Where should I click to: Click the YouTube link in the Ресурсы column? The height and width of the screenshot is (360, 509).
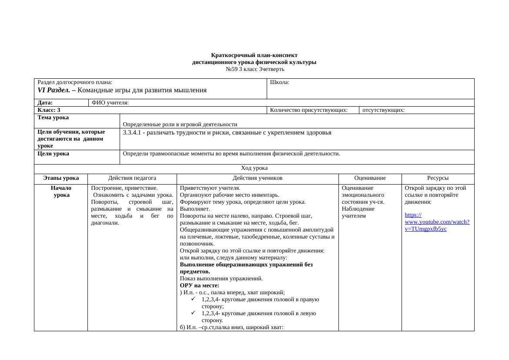coord(436,222)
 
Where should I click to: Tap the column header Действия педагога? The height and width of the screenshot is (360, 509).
coord(132,178)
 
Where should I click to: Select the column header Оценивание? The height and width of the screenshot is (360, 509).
coord(370,178)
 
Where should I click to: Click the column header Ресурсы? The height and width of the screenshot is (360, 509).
coord(438,178)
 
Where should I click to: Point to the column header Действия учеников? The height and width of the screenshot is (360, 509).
coord(258,178)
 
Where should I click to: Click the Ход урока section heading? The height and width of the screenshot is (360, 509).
coord(254,168)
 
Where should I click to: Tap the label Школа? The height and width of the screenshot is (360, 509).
coord(280,82)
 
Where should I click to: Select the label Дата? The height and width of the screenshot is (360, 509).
coord(45,103)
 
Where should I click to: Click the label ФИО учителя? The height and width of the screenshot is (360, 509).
coord(110,103)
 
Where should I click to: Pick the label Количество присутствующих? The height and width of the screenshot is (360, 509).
coord(308,110)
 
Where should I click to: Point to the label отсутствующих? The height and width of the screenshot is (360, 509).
coord(383,110)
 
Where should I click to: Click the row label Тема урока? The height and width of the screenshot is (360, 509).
coord(53,118)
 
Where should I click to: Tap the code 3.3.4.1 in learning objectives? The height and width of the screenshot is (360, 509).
coord(134,133)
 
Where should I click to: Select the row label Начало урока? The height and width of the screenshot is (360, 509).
coord(61,192)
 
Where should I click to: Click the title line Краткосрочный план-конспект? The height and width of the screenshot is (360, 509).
coord(254,55)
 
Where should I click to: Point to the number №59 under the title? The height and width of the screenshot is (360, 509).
coord(231,69)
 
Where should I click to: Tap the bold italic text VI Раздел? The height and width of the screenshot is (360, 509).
coord(54,91)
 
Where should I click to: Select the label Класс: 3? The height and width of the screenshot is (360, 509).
coord(49,110)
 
